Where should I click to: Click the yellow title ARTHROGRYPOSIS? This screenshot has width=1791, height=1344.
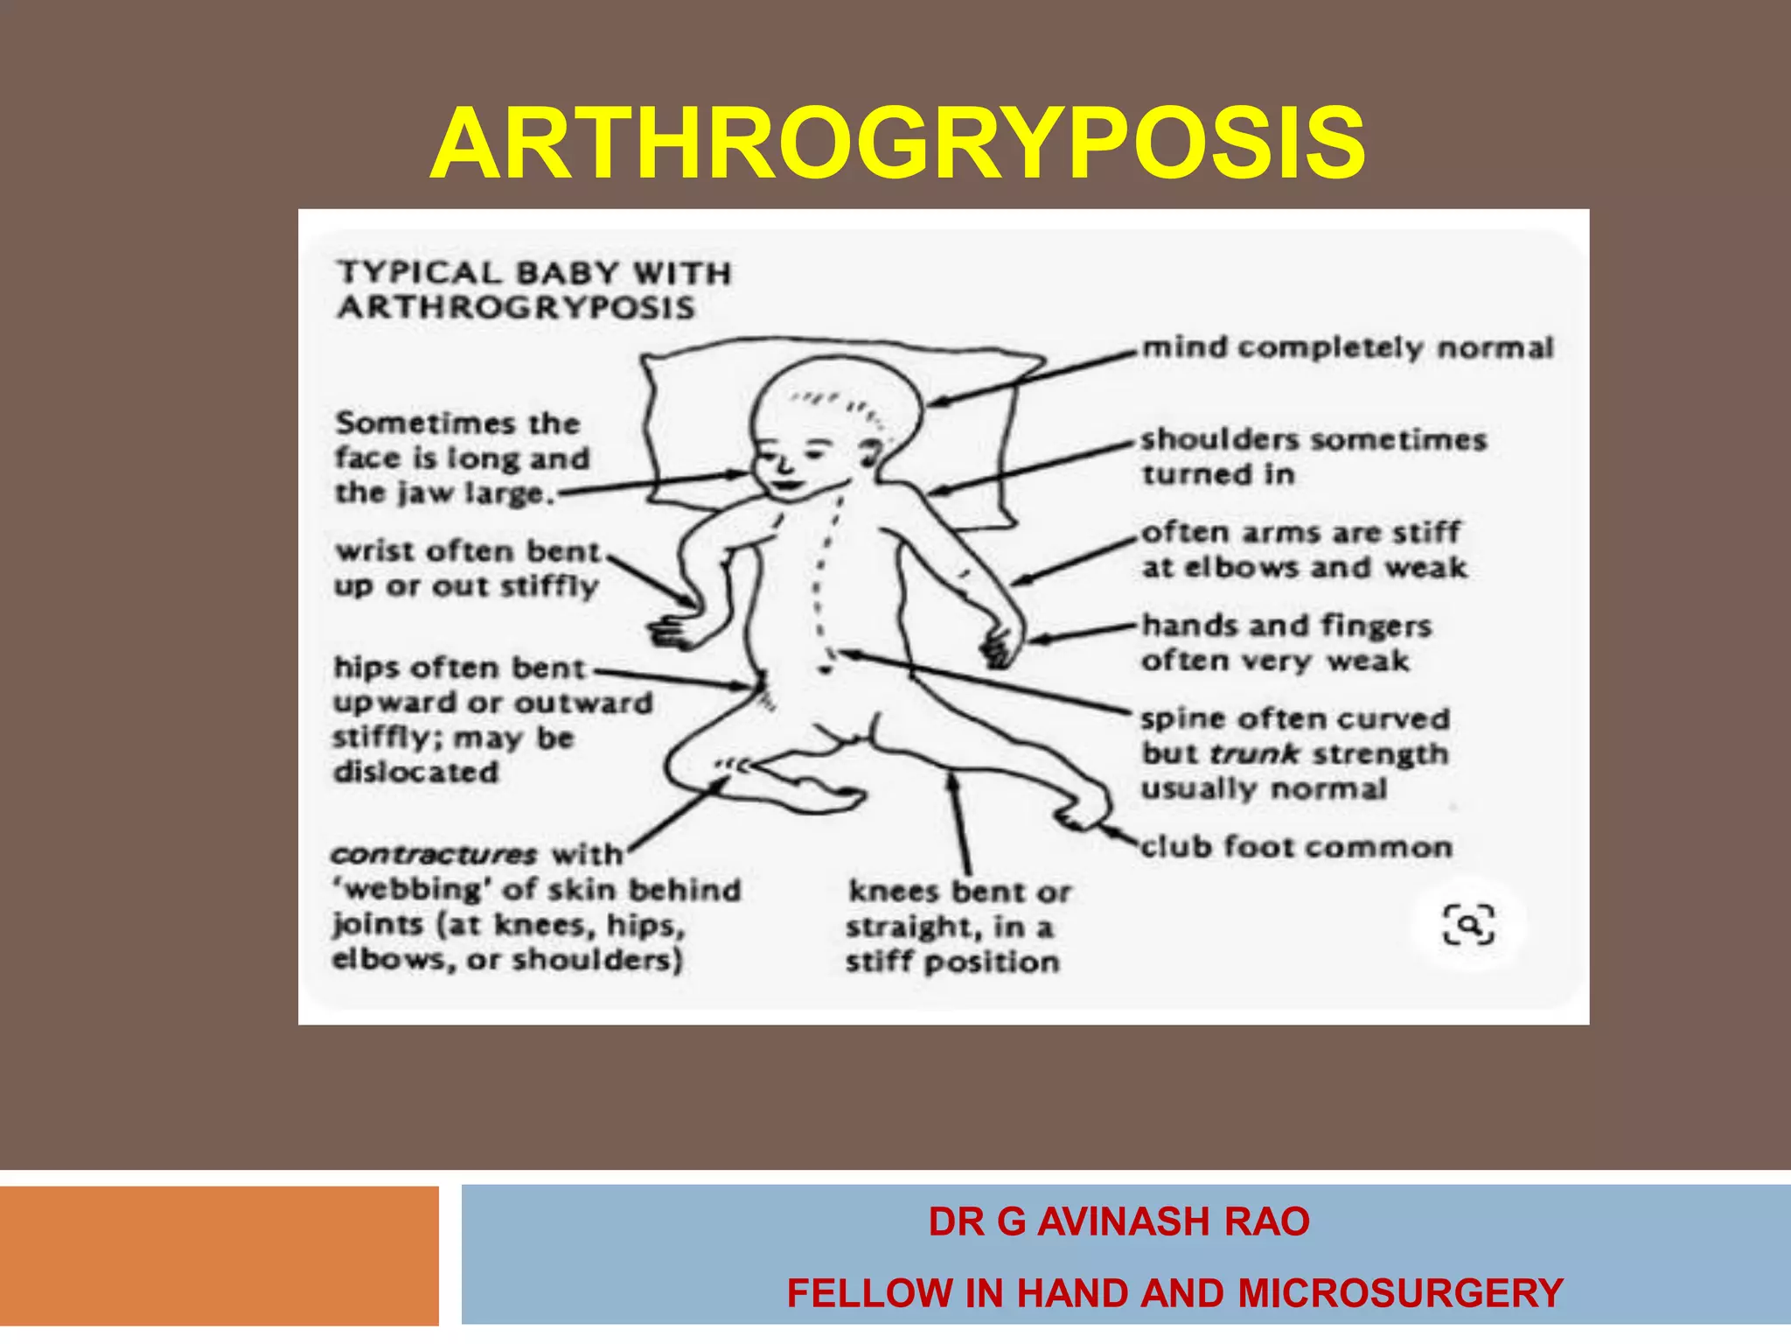click(897, 143)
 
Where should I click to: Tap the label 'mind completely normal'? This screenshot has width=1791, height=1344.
click(1348, 348)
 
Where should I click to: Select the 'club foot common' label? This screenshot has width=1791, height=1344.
click(1296, 847)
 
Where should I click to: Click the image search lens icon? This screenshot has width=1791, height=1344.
click(1468, 925)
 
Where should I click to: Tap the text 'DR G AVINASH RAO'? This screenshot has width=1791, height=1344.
click(1119, 1221)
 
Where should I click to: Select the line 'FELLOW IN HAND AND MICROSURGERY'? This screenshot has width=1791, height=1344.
click(1174, 1293)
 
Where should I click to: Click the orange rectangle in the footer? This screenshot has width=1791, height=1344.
click(219, 1256)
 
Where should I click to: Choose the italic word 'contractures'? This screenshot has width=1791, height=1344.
click(434, 854)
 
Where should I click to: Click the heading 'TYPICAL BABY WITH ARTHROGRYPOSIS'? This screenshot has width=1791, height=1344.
click(533, 290)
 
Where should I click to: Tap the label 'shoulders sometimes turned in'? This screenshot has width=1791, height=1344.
click(1313, 456)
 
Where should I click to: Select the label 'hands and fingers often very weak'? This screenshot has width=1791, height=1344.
click(1286, 643)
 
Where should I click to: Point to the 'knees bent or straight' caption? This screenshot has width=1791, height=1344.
click(958, 927)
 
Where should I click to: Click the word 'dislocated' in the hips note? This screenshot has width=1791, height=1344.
click(416, 772)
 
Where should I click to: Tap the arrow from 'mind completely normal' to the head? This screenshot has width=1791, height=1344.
click(1032, 377)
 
